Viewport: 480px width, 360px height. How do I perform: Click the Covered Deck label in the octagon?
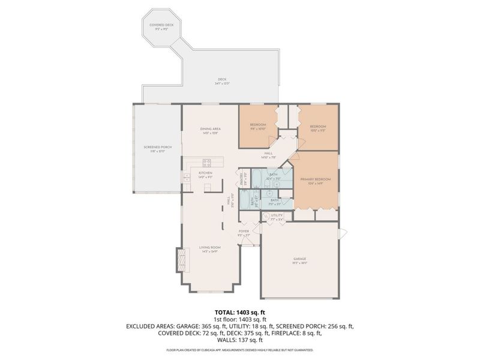coord(161,26)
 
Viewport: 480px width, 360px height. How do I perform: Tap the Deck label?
coord(223,81)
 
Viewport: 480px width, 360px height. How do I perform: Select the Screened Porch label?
coord(158,149)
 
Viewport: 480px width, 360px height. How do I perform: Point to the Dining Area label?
coord(211,130)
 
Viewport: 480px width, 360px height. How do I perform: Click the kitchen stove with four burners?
coord(207,161)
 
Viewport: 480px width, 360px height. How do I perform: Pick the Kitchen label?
coord(206,175)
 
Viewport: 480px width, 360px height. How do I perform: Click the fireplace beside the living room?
coord(179,259)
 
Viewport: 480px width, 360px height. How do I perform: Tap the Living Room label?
coord(210,249)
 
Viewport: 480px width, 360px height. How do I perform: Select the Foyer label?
coord(244,232)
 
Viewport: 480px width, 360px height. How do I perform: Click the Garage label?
coord(300,261)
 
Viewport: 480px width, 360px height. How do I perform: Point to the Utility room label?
coord(276,217)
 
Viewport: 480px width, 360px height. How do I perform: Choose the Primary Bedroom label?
coord(316,181)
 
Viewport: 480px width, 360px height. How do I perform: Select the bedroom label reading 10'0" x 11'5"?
coord(317,128)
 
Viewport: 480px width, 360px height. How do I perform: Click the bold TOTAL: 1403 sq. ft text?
coord(240,313)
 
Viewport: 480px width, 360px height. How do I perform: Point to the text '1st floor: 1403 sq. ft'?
coord(240,319)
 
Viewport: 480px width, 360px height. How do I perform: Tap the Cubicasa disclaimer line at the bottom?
coord(240,349)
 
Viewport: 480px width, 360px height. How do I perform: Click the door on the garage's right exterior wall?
coord(341,233)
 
